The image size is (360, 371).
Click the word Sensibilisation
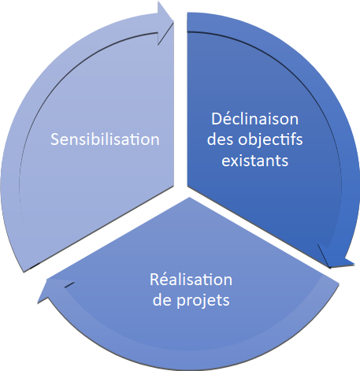pos(105,139)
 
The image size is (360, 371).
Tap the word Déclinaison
pos(255,119)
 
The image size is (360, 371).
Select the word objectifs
pos(270,140)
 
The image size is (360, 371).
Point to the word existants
pos(255,161)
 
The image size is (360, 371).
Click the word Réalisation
pos(191,279)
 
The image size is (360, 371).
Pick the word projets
pos(203,301)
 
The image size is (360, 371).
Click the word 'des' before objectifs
pos(221,139)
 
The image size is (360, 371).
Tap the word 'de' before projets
pos(162,299)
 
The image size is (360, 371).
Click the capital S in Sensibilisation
pos(55,139)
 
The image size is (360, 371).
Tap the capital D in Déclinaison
pos(217,119)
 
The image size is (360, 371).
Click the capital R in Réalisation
pos(154,280)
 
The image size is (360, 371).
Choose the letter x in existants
pos(236,162)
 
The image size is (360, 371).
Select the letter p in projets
pos(181,302)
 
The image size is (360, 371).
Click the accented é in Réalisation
pos(164,280)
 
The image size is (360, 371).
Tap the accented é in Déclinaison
pos(228,119)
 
